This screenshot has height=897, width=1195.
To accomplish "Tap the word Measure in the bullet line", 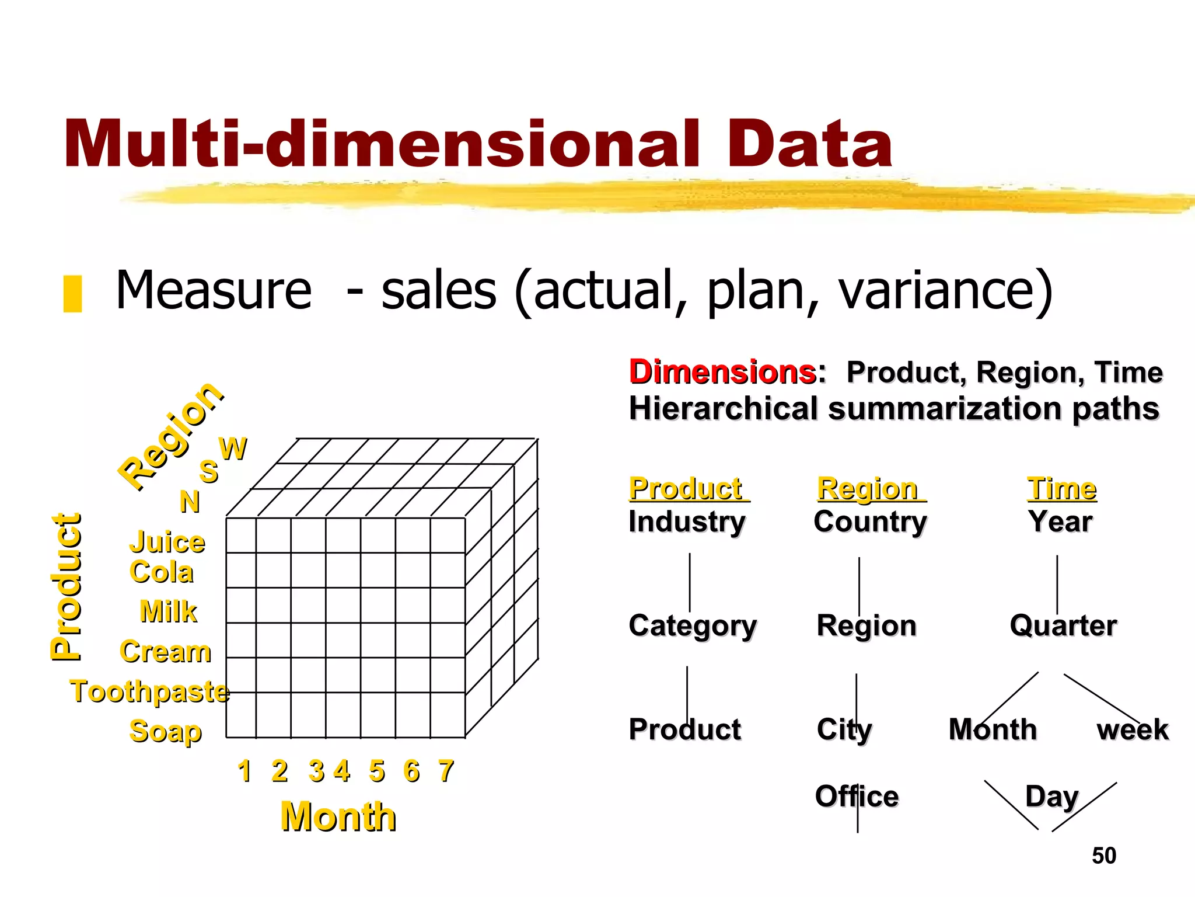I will [214, 290].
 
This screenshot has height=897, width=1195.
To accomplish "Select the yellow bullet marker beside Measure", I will [72, 294].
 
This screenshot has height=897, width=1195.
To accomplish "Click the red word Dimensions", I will [722, 372].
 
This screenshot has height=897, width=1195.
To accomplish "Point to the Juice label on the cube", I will [167, 543].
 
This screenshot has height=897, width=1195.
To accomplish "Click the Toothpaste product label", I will [150, 691].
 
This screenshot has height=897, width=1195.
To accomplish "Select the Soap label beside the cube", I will [165, 731].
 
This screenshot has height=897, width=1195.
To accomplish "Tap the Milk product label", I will [169, 611].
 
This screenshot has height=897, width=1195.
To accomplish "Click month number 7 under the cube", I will [446, 771].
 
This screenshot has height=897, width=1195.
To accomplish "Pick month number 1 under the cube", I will [244, 771].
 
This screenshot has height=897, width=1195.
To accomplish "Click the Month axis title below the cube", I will [338, 816].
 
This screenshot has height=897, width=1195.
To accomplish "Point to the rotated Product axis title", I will [66, 586].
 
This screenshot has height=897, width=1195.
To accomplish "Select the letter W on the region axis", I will [233, 449].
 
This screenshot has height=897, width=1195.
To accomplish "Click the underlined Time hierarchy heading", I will [1062, 488].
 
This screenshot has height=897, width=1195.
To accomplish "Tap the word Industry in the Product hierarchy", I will [687, 521].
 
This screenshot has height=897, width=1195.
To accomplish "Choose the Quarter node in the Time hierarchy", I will [1063, 625].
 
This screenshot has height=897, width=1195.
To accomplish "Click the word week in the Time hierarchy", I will [1133, 729].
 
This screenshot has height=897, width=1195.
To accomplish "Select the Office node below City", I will [857, 797].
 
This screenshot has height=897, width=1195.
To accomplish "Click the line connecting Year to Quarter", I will [1057, 584].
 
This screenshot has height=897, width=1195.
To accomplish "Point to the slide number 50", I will [1104, 856].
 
